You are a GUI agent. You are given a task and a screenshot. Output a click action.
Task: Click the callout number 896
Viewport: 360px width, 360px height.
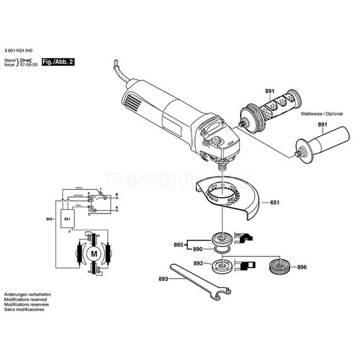click(303, 268)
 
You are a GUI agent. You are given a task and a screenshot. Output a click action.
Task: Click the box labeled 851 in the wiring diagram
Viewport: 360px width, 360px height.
click(66, 219)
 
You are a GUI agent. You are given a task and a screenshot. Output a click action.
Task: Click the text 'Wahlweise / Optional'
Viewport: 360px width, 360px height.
click(321, 114)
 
